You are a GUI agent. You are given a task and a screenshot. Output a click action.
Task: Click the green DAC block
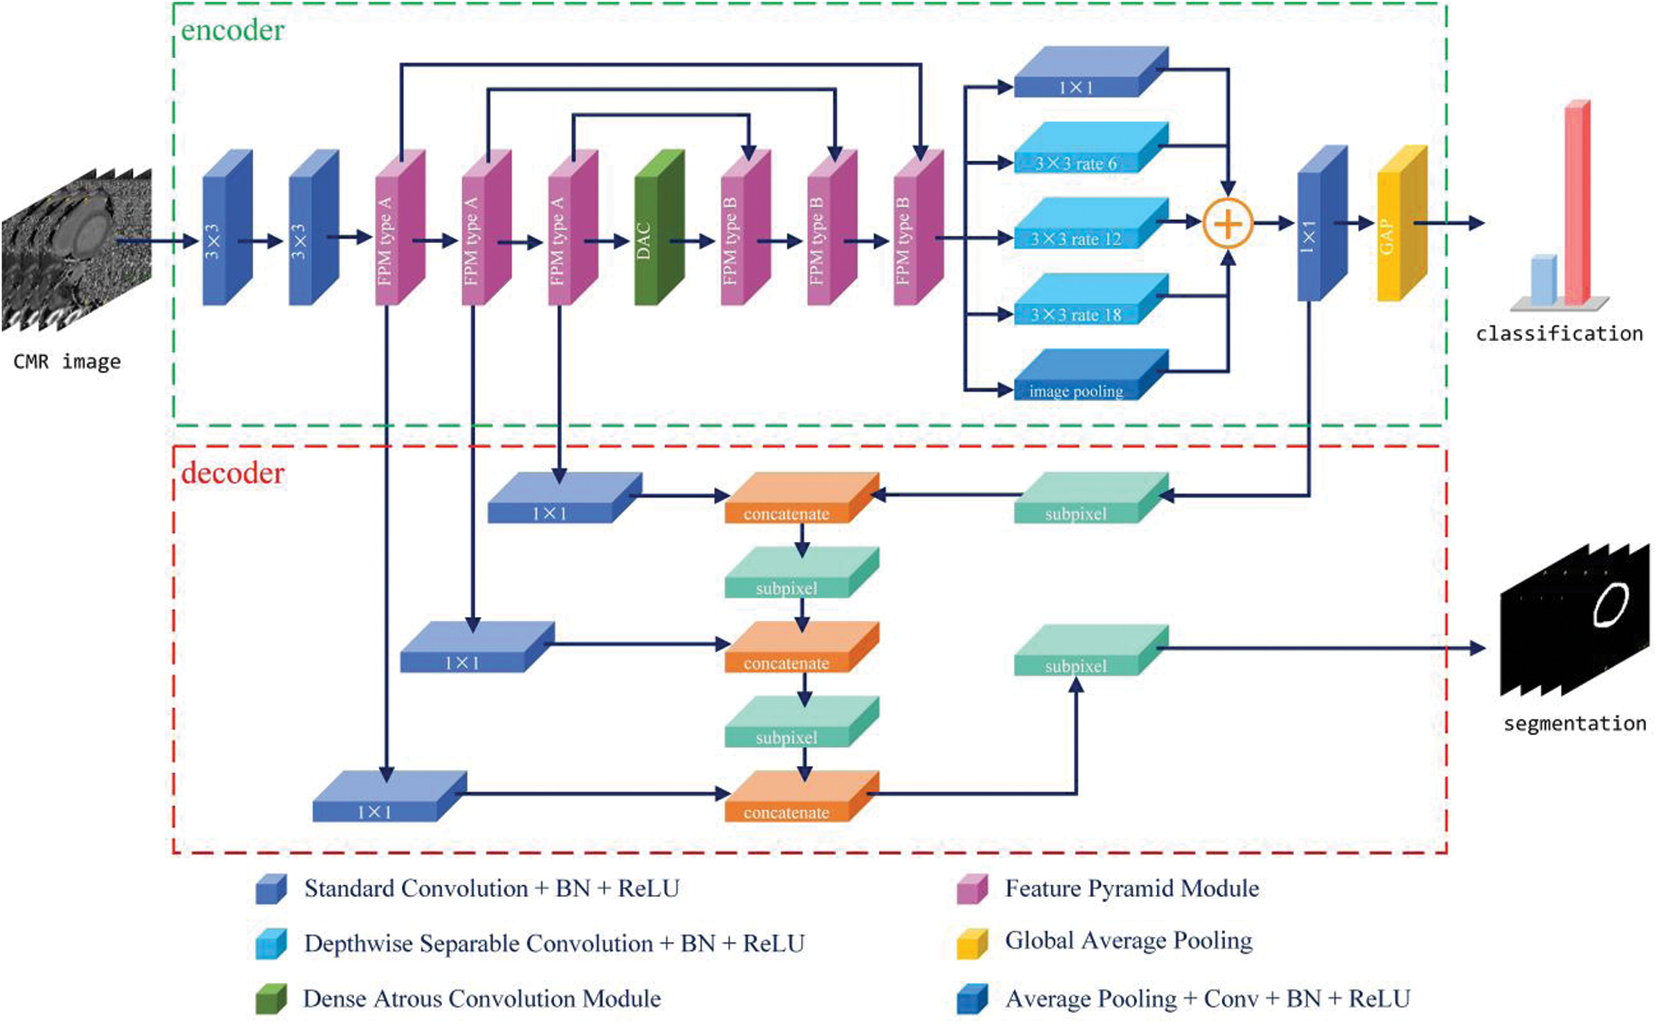point(659,227)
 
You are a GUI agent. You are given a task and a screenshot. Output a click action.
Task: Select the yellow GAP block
point(1402,223)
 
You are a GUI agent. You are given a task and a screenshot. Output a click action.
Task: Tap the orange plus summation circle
point(1228,223)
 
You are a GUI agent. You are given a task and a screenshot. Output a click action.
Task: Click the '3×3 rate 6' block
point(1091,147)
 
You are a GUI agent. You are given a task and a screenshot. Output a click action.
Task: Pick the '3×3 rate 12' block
point(1091,223)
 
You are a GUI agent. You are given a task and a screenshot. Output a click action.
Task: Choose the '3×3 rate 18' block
point(1091,299)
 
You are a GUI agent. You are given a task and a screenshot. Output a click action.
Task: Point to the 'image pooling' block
point(1091,374)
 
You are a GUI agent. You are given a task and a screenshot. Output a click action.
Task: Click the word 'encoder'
point(233,31)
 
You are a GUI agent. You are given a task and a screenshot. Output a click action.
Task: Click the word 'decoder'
point(233,473)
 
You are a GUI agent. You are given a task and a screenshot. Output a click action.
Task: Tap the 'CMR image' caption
point(67,362)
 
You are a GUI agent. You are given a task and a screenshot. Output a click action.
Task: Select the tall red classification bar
point(1577,202)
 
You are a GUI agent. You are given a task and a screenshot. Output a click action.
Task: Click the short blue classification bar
point(1543,280)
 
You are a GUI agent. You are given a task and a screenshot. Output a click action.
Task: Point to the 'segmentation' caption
point(1575,723)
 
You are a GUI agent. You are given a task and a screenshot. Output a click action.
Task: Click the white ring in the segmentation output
point(1611,604)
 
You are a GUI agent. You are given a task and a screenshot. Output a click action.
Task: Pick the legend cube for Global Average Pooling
point(972,943)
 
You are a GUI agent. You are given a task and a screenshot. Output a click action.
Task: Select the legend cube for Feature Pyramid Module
point(972,889)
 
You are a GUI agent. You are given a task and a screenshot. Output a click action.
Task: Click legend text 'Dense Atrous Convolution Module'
point(482,998)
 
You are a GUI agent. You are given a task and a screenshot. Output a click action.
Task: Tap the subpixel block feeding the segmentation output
point(1091,650)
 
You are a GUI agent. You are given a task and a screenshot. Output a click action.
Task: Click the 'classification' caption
point(1560,333)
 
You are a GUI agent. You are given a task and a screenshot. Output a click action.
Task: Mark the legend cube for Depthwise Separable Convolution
point(271,944)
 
